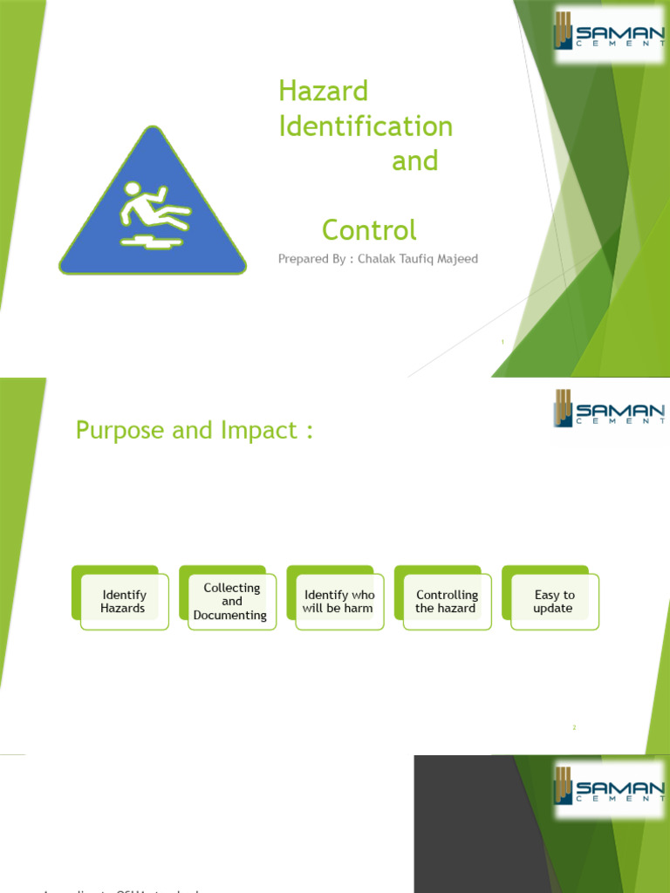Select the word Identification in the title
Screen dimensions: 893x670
tap(366, 126)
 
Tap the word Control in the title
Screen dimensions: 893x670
tap(369, 230)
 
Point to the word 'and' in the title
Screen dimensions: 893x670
tap(414, 161)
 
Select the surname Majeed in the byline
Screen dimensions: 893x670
tap(455, 259)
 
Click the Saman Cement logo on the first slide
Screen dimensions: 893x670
tap(608, 35)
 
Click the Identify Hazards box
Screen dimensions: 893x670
tap(123, 602)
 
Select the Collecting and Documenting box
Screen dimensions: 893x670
tap(231, 602)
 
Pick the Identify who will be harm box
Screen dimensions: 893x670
tap(338, 602)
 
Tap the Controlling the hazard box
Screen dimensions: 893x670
tap(446, 602)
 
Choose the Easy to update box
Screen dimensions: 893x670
tap(554, 602)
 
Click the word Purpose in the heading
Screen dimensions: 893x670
tap(119, 431)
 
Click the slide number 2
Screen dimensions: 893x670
tap(575, 727)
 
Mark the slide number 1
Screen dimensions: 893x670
tap(503, 342)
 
